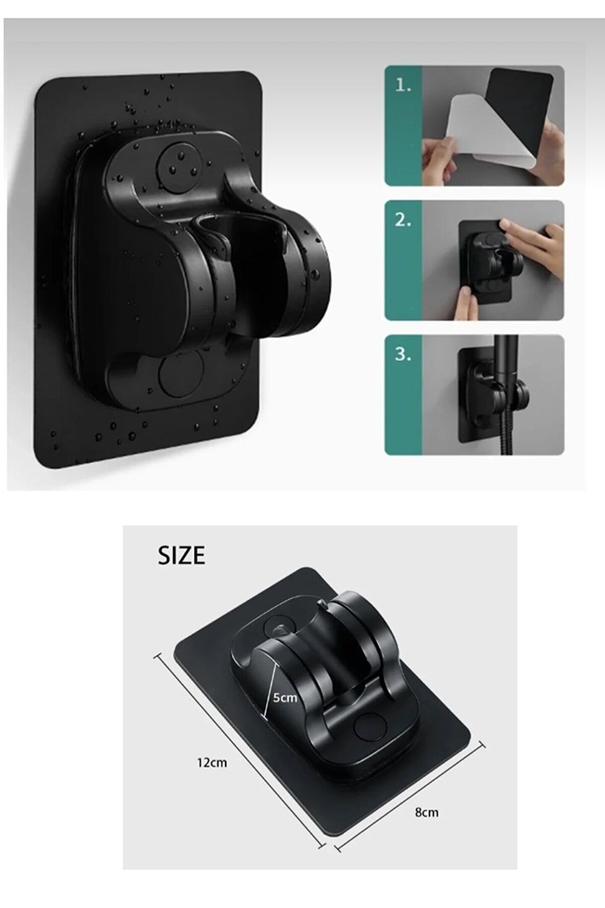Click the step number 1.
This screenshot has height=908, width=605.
[x=403, y=87]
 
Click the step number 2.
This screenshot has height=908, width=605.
[x=403, y=220]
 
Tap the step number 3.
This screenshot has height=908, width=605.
[x=403, y=355]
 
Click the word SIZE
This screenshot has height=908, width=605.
[x=181, y=555]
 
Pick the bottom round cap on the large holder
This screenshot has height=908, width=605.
[x=183, y=376]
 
